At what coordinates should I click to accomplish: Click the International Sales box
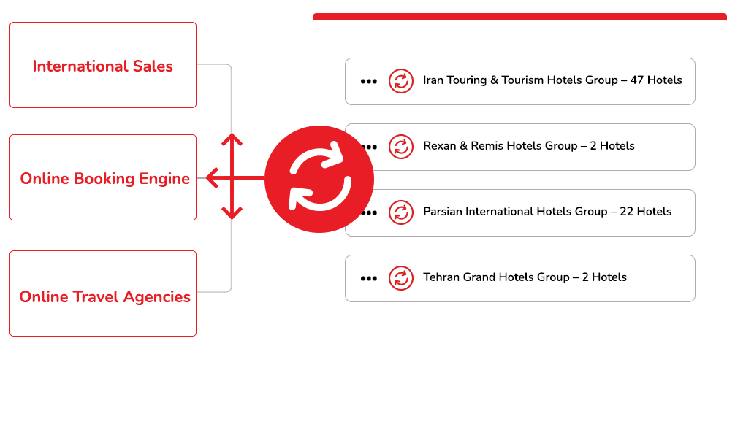point(103,65)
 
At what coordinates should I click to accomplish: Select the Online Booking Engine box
point(103,177)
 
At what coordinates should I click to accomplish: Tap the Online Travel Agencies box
point(103,293)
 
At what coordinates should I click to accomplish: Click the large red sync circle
point(319,179)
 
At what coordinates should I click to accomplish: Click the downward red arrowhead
point(232,215)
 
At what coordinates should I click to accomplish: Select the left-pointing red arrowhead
point(212,177)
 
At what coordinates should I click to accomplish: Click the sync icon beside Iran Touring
point(400,80)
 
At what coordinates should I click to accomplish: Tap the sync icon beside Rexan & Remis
point(400,146)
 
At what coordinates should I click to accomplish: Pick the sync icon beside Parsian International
point(400,212)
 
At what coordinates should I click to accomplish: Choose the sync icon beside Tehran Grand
point(400,277)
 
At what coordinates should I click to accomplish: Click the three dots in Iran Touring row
point(369,81)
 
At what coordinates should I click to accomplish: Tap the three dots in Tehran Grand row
point(369,278)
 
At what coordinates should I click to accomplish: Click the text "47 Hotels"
point(655,80)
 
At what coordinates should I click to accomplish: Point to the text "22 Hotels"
point(645,212)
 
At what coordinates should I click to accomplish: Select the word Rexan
point(440,146)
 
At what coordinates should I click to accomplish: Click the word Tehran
point(441,277)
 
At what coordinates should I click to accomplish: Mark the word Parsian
point(443,212)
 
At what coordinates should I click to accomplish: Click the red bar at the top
point(519,16)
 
